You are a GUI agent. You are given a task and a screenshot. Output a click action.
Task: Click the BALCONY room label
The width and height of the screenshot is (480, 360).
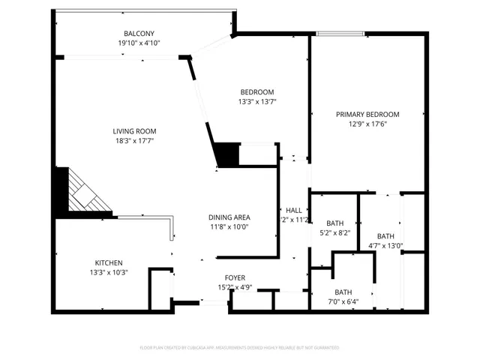tap(139, 34)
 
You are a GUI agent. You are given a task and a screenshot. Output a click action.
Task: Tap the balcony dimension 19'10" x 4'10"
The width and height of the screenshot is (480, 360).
tap(139, 43)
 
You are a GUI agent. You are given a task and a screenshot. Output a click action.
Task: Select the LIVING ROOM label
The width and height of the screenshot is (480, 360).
tap(135, 131)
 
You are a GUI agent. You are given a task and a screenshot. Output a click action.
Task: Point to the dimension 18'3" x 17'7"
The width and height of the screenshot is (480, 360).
tap(135, 141)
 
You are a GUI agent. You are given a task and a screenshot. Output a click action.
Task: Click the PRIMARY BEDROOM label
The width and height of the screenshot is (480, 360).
tap(367, 115)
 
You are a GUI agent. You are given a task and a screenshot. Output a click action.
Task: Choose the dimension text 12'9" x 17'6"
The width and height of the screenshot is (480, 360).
tap(367, 124)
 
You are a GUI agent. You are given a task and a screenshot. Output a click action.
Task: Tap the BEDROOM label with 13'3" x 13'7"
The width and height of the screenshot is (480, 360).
tap(257, 92)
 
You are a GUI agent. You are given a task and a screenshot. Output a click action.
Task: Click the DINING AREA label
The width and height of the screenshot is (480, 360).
tap(229, 217)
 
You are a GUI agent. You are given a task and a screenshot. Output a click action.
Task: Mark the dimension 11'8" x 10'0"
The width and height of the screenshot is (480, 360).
tap(229, 226)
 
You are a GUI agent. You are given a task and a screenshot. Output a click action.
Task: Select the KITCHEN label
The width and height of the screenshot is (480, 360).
tap(109, 263)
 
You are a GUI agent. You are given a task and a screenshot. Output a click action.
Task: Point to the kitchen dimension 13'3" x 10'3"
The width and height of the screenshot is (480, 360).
tap(109, 272)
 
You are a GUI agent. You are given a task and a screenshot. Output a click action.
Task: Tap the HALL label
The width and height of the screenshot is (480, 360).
tap(294, 211)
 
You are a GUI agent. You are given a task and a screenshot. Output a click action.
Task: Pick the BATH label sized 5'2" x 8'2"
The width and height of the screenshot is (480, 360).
tap(335, 223)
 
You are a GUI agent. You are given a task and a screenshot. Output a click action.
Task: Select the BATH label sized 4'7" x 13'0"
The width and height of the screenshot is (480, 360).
tap(385, 236)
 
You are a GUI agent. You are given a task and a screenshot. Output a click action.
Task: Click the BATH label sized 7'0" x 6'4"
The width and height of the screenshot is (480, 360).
tap(343, 292)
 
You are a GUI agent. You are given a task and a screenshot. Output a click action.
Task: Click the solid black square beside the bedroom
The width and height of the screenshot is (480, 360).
tap(226, 155)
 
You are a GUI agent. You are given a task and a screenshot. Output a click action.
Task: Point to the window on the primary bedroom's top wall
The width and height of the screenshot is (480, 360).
tap(341, 33)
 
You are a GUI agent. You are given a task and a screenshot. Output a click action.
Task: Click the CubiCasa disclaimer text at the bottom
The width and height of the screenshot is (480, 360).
tap(240, 348)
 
